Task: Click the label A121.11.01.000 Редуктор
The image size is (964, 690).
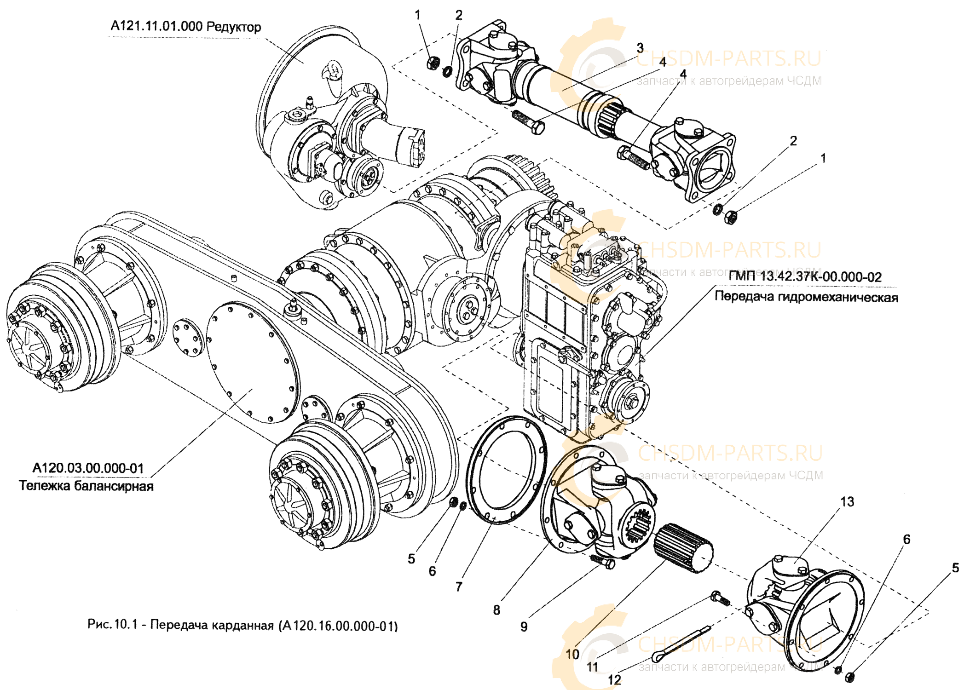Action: [x=185, y=27]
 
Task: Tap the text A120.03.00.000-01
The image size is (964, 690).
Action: [x=88, y=468]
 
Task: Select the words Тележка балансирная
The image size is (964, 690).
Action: [x=86, y=486]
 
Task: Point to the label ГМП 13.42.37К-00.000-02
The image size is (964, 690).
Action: [x=805, y=277]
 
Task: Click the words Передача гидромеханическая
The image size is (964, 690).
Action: [x=806, y=297]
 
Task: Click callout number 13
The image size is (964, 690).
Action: [x=847, y=502]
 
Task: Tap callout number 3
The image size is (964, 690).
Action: [x=640, y=48]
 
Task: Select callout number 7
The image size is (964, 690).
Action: [x=459, y=586]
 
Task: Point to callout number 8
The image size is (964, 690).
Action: [x=496, y=610]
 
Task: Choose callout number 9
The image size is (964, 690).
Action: [x=524, y=627]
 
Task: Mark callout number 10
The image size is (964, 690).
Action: [x=572, y=654]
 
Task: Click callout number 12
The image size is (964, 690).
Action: [x=614, y=679]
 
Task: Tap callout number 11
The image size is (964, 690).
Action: [x=592, y=666]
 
